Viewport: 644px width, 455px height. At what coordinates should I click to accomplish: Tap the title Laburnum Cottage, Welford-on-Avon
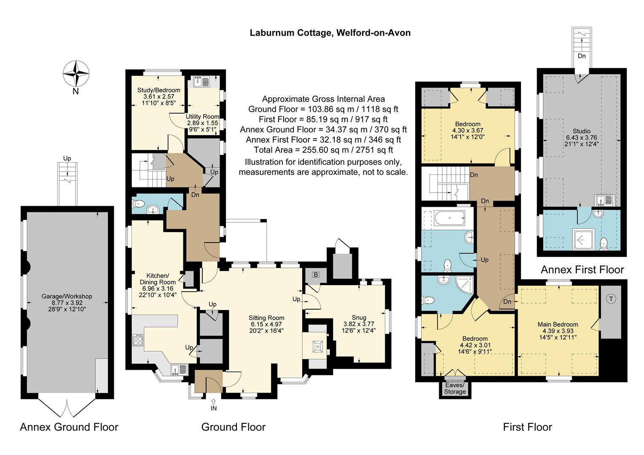click(330, 33)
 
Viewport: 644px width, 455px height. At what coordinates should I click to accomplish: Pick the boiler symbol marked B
click(316, 275)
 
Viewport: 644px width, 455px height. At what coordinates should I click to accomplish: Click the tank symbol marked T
click(611, 299)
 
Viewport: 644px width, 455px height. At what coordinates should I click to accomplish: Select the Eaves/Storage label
click(455, 388)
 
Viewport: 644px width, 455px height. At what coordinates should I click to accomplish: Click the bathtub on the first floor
click(450, 219)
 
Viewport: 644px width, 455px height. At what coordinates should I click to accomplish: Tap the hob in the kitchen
click(138, 340)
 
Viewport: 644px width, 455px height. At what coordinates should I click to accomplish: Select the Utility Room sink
click(202, 81)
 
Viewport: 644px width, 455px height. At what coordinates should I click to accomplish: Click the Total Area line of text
click(323, 150)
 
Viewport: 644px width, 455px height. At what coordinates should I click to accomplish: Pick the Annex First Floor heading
click(582, 270)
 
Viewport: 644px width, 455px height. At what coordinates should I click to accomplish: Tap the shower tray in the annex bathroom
click(584, 239)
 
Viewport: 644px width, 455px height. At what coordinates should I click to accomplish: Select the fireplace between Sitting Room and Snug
click(317, 346)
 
